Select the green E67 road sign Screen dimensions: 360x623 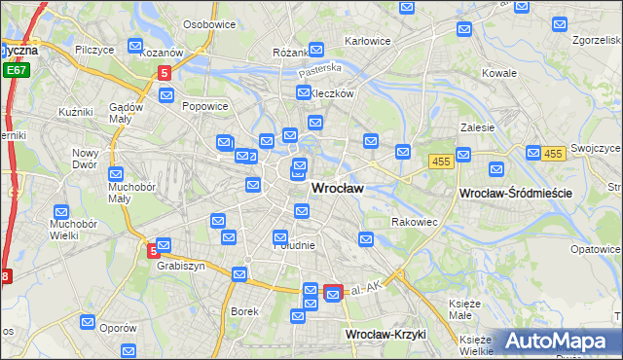click(x=15, y=70)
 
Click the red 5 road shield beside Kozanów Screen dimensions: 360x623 click(x=165, y=72)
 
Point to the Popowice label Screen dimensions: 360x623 click(x=205, y=107)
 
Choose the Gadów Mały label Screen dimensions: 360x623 click(x=127, y=112)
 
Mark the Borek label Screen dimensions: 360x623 click(x=243, y=311)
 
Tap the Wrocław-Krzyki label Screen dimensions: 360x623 click(x=386, y=334)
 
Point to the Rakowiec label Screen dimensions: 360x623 click(x=414, y=222)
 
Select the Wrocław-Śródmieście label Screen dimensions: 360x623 click(x=514, y=194)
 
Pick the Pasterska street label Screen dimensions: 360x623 click(x=320, y=68)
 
